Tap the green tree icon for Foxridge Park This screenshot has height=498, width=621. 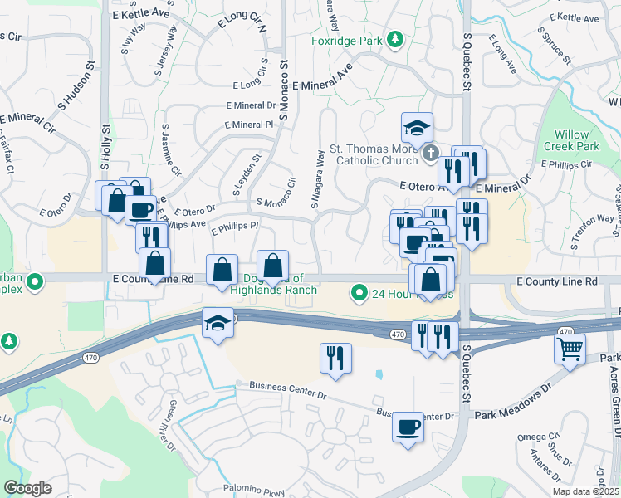(396, 39)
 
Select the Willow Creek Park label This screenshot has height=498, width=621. (576, 140)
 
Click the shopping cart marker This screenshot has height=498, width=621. (570, 349)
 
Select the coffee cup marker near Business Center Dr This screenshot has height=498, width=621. (408, 427)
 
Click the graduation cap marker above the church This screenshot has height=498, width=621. (417, 128)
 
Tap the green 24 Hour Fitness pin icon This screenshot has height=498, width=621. (359, 292)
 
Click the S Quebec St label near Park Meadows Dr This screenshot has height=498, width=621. (467, 374)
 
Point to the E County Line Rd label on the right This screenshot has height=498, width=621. (556, 282)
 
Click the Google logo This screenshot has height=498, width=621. (27, 488)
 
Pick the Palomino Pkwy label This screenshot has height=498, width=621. (252, 490)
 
